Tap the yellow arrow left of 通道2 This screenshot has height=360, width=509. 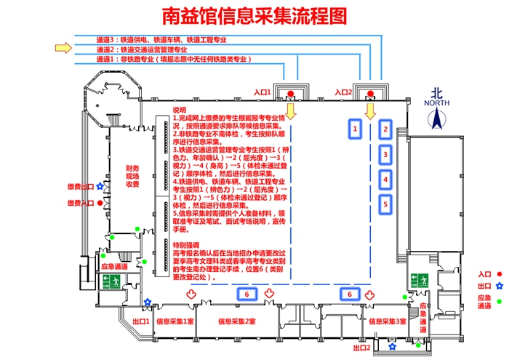click(64, 49)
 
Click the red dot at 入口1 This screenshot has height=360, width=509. click(290, 94)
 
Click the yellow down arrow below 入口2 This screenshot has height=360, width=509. click(370, 111)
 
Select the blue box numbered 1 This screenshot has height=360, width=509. click(355, 129)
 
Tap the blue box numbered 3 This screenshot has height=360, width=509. click(386, 154)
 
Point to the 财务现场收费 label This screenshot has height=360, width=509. click(132, 177)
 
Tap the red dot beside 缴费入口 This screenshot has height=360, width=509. click(100, 204)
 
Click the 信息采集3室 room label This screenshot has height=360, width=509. click(388, 321)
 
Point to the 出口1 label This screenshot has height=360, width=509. click(141, 321)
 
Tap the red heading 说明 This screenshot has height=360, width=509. click(180, 109)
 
